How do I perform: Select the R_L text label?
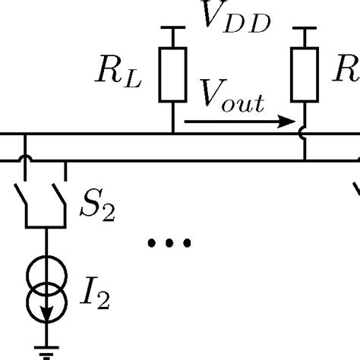(x=125, y=74)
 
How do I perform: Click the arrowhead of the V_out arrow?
(x=287, y=120)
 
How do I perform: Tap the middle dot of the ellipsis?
(x=169, y=243)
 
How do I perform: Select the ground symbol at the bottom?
(x=45, y=352)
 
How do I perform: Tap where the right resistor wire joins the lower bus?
(x=305, y=160)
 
